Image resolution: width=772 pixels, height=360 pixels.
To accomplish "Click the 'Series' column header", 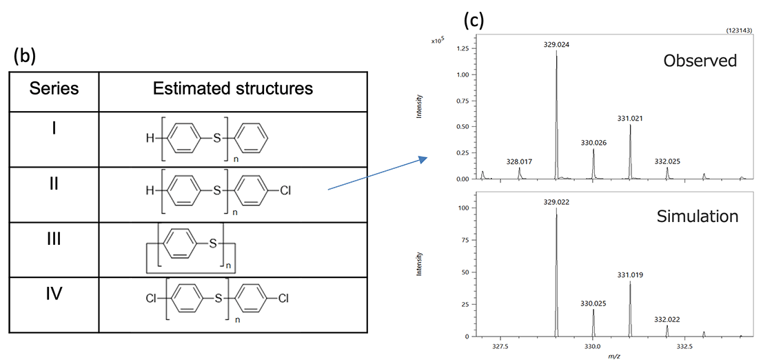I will [x=54, y=89].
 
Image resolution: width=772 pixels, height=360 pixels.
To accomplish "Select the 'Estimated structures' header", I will [x=232, y=89].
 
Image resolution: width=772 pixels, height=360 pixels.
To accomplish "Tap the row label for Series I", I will [x=54, y=128].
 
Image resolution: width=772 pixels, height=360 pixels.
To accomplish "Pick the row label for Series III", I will [x=54, y=239].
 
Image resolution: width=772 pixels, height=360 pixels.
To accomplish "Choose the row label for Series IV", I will [x=54, y=294].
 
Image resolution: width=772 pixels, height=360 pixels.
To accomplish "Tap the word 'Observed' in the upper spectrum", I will [x=700, y=61].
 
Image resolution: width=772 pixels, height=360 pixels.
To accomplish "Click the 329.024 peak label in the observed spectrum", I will [x=556, y=45].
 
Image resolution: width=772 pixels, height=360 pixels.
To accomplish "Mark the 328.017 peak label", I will [x=520, y=161].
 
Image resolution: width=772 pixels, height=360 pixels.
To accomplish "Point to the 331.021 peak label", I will [x=631, y=119].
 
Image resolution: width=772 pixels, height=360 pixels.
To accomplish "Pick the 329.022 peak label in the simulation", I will [x=556, y=202].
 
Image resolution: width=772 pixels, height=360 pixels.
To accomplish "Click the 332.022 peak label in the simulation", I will [x=667, y=319].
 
